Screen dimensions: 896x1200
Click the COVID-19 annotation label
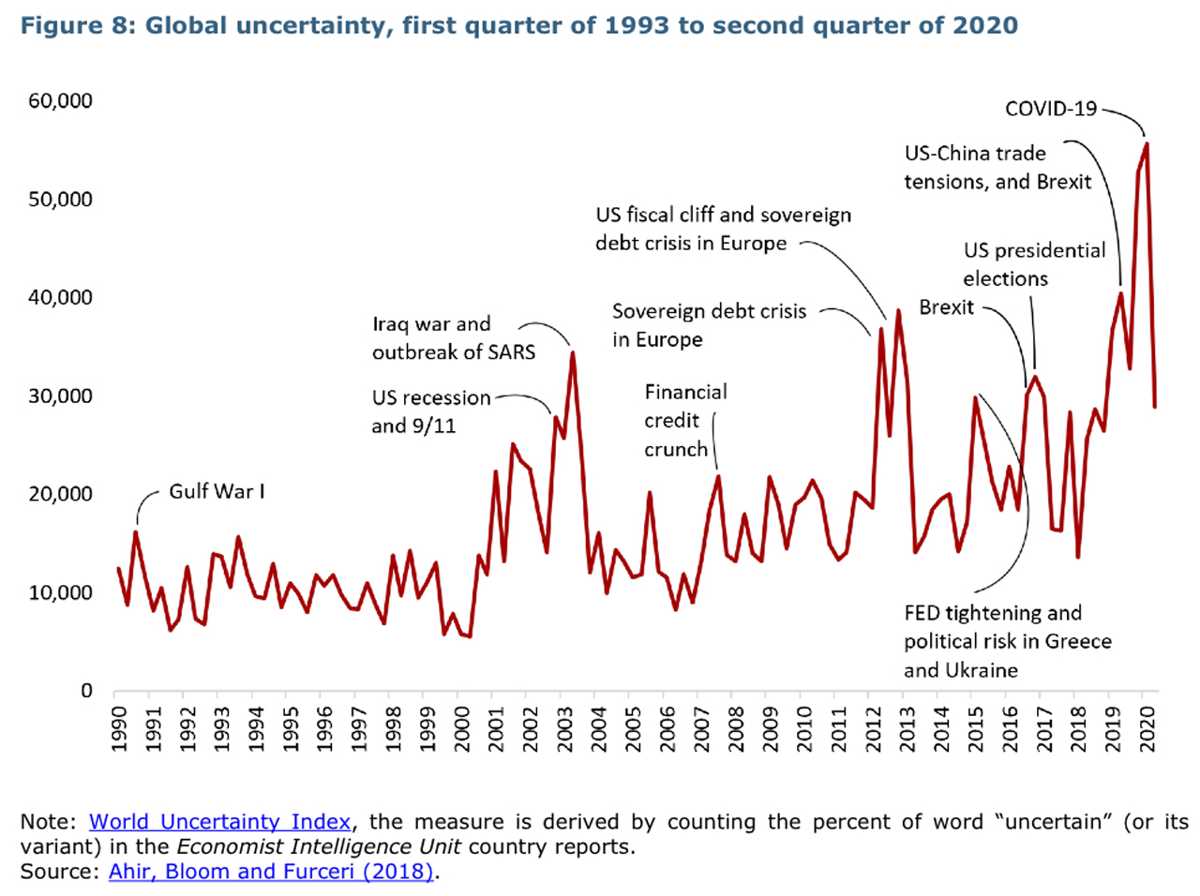1050,109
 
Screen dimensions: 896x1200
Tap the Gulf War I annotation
217,491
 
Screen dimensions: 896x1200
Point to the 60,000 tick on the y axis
60,100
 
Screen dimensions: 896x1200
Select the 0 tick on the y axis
86,691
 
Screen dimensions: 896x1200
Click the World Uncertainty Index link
219,822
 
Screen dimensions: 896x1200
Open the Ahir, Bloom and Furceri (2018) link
271,872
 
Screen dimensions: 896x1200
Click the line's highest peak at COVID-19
1147,144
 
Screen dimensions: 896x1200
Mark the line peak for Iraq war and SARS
573,353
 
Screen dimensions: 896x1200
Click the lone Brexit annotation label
946,307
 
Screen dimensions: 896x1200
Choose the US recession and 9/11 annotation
429,411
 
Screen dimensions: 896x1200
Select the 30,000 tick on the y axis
60,396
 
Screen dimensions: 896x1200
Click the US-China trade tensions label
996,168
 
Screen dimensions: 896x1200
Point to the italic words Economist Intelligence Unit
319,846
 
